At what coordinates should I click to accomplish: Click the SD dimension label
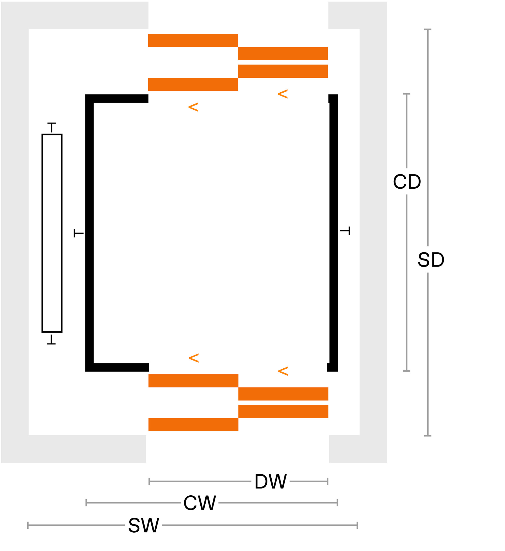coord(431,259)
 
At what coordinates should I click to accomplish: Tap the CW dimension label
coord(200,503)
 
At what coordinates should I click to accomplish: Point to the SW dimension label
coord(144,525)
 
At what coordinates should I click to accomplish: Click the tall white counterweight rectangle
coord(52,233)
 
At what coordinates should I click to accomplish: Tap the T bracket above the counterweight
coord(52,127)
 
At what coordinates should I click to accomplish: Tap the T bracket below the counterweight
coord(51,340)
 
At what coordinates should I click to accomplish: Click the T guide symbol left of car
coord(78,233)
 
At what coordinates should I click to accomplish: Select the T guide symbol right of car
coord(345,231)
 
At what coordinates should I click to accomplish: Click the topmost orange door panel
coord(193,40)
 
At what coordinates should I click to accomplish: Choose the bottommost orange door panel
coord(193,425)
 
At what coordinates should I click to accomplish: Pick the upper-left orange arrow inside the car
coord(193,107)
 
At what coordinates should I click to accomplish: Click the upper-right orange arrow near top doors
coord(283,94)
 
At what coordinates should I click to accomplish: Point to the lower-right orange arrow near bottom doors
coord(283,371)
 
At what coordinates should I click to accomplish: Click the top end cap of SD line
coord(428,29)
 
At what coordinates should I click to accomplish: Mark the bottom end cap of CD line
coord(407,371)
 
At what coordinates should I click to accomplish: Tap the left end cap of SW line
coord(28,525)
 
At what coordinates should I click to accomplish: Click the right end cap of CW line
coord(337,503)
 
